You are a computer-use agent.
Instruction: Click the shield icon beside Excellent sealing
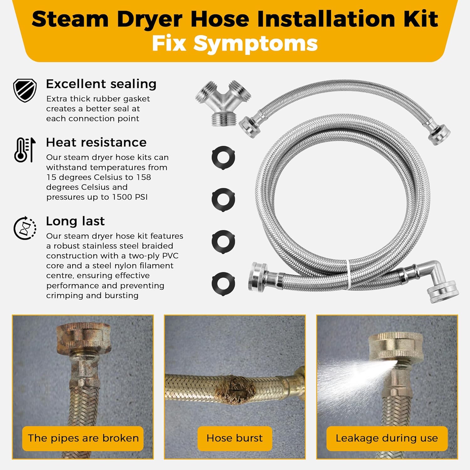coord(25,90)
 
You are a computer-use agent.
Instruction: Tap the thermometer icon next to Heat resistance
coord(25,150)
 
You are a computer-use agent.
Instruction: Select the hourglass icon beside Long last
coord(25,228)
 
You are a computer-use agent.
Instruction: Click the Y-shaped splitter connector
coord(223,103)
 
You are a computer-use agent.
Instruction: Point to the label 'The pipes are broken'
coord(83,438)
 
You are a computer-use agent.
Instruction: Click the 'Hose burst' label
coord(235,438)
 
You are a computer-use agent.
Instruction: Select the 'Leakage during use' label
coord(387,438)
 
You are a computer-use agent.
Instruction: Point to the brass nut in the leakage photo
coord(396,346)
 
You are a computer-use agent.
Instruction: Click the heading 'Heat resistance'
coord(96,143)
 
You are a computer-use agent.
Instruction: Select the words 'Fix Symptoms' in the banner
coord(235,43)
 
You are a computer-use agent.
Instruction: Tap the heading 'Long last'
coord(75,221)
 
